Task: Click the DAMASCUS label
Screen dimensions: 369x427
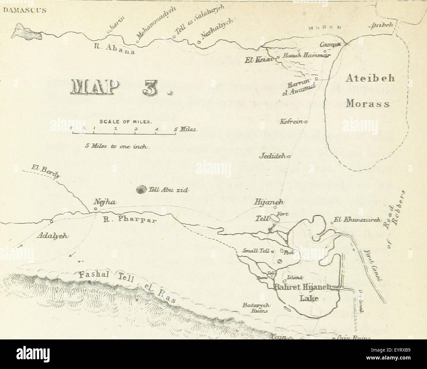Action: click(x=25, y=10)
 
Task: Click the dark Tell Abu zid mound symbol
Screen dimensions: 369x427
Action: click(x=142, y=190)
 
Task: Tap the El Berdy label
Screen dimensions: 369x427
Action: click(x=46, y=173)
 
